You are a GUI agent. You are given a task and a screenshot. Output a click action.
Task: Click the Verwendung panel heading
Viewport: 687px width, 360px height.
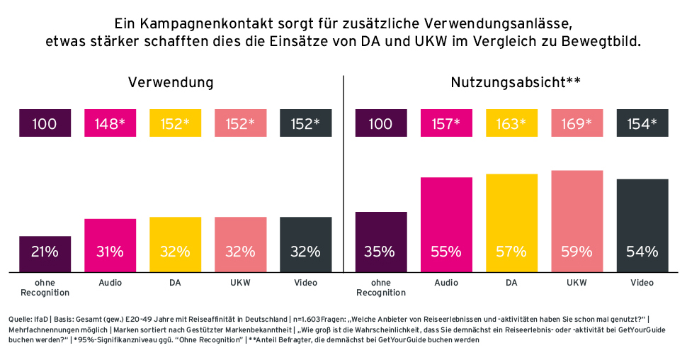tap(171, 82)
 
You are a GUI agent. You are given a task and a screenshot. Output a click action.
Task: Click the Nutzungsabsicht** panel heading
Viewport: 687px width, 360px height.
tap(516, 82)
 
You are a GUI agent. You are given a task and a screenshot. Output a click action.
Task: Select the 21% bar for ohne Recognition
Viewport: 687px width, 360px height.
tap(45, 253)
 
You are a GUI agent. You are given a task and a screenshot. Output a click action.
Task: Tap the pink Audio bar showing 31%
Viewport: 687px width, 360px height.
tap(110, 244)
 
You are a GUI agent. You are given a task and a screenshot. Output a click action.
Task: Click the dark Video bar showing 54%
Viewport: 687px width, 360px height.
tap(642, 225)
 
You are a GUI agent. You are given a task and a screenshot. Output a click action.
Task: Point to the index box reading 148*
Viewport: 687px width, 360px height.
tap(110, 123)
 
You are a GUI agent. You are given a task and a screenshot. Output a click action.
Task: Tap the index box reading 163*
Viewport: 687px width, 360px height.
tap(511, 123)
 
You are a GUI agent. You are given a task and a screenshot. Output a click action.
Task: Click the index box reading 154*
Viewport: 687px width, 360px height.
tap(642, 123)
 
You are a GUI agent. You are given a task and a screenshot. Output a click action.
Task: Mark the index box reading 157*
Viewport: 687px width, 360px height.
tap(445, 123)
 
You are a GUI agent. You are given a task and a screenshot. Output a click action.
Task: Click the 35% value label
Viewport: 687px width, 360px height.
tap(380, 252)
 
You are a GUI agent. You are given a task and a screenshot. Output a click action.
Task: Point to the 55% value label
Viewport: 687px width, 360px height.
tap(445, 252)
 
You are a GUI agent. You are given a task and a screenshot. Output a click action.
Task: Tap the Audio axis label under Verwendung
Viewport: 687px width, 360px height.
tap(110, 283)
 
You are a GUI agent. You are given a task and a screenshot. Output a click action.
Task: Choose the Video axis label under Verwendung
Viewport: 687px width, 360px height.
tap(305, 283)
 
